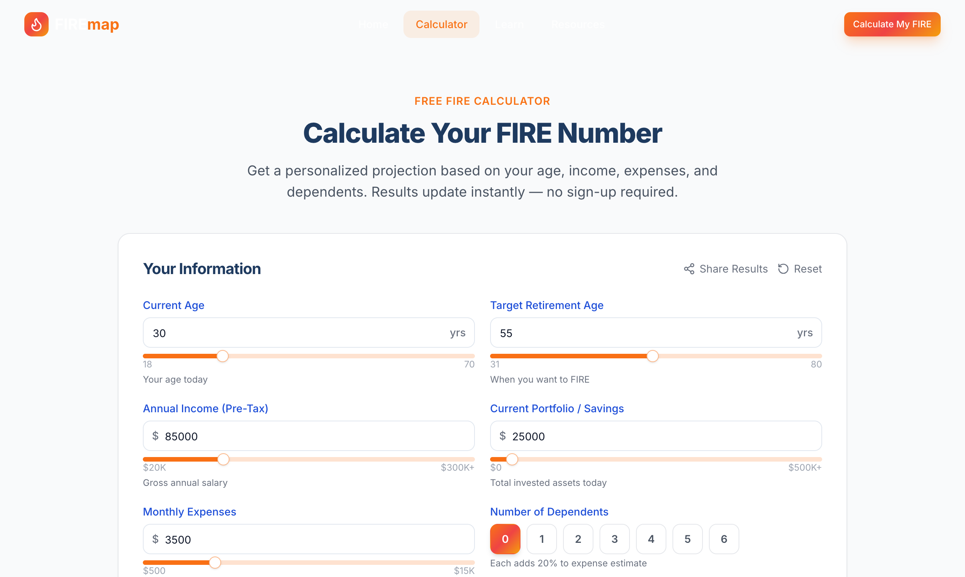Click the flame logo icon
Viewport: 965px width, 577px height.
click(x=36, y=24)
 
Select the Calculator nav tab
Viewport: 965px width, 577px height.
click(x=441, y=24)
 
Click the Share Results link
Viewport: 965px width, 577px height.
click(x=726, y=269)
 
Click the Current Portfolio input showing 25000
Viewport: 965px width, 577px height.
click(x=661, y=436)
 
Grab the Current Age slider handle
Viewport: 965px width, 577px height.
click(x=223, y=356)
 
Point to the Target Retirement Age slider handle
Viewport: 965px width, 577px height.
click(x=653, y=356)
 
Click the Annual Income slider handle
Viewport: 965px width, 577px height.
click(x=223, y=459)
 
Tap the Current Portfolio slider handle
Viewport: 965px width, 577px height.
click(x=512, y=459)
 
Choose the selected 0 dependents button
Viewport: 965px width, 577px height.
click(x=505, y=539)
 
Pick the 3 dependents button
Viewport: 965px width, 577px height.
click(x=614, y=539)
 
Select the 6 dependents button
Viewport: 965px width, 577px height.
click(x=724, y=539)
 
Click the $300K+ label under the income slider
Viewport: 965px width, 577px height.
click(x=457, y=467)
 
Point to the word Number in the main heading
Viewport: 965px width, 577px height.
click(x=609, y=133)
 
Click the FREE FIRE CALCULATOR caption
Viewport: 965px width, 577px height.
click(x=482, y=101)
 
